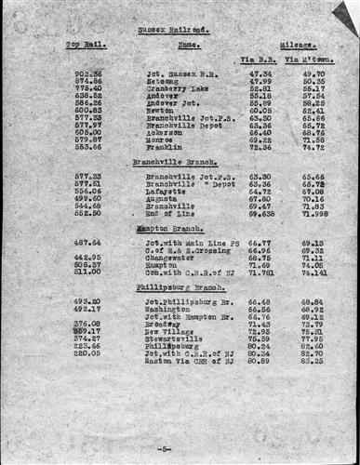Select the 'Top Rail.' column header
(x=85, y=44)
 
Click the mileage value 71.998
(x=313, y=213)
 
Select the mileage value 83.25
(x=313, y=361)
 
